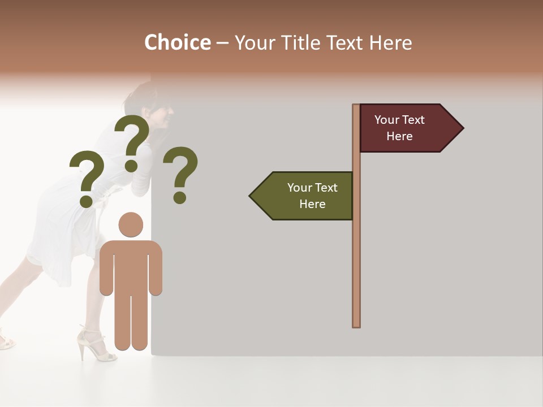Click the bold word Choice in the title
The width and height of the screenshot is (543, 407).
point(177,43)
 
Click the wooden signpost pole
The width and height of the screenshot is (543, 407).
point(356,254)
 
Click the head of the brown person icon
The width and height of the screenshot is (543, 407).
point(131,224)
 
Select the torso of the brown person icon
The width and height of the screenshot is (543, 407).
point(131,266)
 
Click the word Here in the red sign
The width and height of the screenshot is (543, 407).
point(399,136)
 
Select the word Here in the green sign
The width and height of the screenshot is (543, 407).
point(312,204)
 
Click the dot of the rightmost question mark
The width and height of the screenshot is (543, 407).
point(180,197)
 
